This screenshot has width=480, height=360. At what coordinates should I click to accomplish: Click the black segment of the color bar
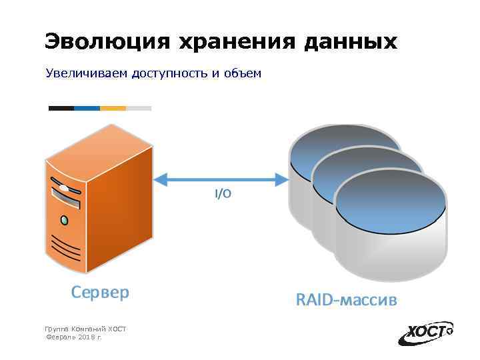61,108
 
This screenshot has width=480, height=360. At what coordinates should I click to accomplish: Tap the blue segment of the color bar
87,108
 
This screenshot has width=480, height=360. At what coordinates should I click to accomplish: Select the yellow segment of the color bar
113,108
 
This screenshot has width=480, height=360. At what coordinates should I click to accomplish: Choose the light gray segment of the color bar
139,108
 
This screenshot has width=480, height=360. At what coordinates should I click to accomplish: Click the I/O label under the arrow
223,194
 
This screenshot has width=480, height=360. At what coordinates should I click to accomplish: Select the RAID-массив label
346,301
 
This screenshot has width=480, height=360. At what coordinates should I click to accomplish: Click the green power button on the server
64,219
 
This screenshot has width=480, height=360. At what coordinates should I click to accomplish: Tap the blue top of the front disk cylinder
390,199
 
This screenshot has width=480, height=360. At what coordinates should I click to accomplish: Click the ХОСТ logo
426,333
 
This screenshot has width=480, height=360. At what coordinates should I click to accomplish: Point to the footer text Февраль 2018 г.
73,338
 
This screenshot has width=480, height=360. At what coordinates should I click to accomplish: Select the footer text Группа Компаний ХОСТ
85,329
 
